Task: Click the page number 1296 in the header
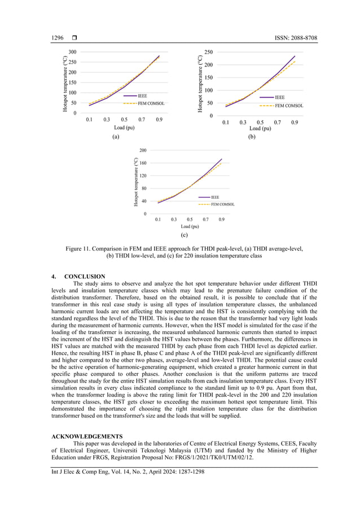click(x=58, y=38)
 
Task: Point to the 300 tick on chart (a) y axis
click(x=72, y=52)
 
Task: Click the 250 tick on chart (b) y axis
click(x=208, y=52)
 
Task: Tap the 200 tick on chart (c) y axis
click(x=143, y=150)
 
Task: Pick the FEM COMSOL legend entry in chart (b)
click(x=288, y=106)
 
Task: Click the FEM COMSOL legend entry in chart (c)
click(x=222, y=204)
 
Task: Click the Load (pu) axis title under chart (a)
click(x=124, y=128)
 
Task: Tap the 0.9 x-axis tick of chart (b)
click(x=295, y=122)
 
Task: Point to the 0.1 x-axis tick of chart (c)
click(x=158, y=220)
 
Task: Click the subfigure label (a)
click(x=116, y=137)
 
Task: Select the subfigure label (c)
click(x=184, y=234)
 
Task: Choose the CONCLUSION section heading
click(x=85, y=277)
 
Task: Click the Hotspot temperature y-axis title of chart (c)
click(x=136, y=181)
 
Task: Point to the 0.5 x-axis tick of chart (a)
click(x=124, y=120)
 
